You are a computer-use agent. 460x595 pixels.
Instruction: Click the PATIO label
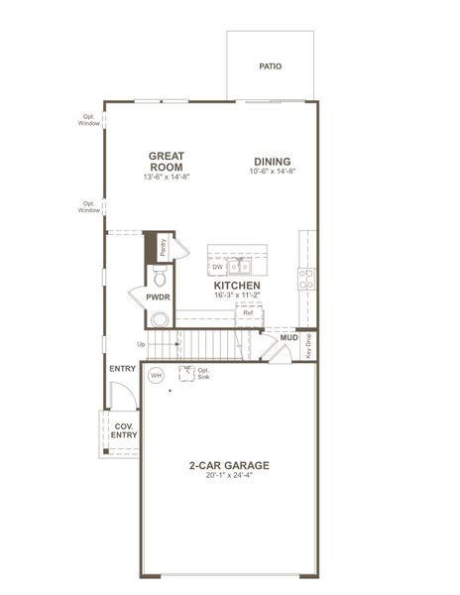(271, 66)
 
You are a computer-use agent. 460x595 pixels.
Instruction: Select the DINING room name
(273, 161)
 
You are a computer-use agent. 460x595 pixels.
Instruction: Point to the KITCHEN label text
(238, 286)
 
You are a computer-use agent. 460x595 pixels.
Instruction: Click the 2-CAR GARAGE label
(229, 464)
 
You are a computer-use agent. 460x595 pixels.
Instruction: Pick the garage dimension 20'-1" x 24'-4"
(229, 476)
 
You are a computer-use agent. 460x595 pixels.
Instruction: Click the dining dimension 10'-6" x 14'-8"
(273, 172)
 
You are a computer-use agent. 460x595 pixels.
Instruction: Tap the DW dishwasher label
(217, 267)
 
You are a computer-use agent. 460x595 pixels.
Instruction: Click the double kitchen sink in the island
(239, 266)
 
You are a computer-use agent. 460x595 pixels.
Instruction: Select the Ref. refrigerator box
(248, 313)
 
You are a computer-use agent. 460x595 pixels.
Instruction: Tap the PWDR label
(158, 297)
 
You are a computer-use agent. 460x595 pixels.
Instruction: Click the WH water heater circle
(156, 376)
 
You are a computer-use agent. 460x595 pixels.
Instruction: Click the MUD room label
(288, 338)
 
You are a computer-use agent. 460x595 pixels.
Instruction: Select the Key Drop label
(308, 345)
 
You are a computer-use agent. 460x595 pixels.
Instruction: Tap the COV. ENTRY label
(124, 430)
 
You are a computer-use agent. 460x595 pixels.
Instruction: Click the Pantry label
(163, 248)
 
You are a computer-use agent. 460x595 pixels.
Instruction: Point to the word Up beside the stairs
(141, 344)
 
